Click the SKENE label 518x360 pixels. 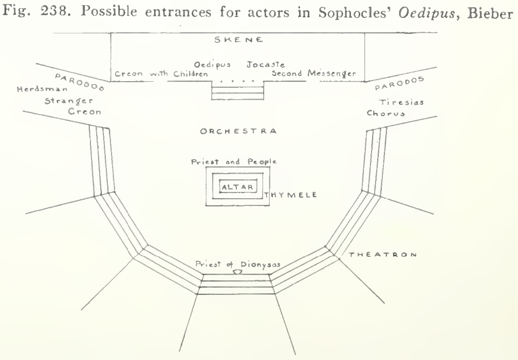click(x=238, y=40)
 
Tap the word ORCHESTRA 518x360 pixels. click(x=238, y=131)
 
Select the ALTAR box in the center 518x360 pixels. click(x=238, y=187)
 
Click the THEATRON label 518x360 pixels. click(x=383, y=255)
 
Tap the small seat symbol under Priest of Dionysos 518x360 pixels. click(x=237, y=272)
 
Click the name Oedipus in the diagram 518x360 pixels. click(x=212, y=64)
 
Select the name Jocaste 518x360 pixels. click(x=266, y=64)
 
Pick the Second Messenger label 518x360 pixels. click(x=314, y=73)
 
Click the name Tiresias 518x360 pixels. click(x=401, y=102)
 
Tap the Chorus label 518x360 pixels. click(x=386, y=113)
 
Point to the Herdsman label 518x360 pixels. click(x=42, y=89)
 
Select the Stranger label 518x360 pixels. click(x=69, y=101)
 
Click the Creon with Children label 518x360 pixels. click(x=161, y=73)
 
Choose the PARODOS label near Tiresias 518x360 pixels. click(x=399, y=83)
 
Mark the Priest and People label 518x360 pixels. click(x=234, y=161)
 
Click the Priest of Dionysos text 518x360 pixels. click(x=238, y=264)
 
